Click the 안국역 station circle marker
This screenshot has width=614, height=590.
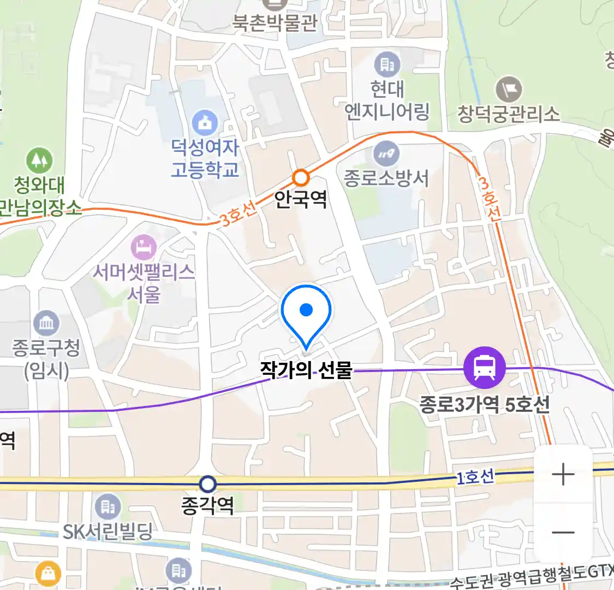301,178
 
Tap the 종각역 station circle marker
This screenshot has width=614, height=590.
207,484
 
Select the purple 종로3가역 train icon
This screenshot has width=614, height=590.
484,368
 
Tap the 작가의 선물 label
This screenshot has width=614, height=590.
306,370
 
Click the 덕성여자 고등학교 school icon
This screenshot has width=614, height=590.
205,123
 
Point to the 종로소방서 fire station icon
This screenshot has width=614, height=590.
386,154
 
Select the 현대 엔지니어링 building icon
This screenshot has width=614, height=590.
387,65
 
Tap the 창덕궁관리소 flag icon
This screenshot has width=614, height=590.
509,89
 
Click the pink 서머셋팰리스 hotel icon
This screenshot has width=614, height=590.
144,247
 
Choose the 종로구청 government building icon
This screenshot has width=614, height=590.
46,323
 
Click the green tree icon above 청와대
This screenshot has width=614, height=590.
39,161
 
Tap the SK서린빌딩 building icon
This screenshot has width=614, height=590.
108,507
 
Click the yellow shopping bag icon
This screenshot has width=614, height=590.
48,574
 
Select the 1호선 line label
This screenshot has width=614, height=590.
475,477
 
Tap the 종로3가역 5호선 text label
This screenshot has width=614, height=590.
484,405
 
